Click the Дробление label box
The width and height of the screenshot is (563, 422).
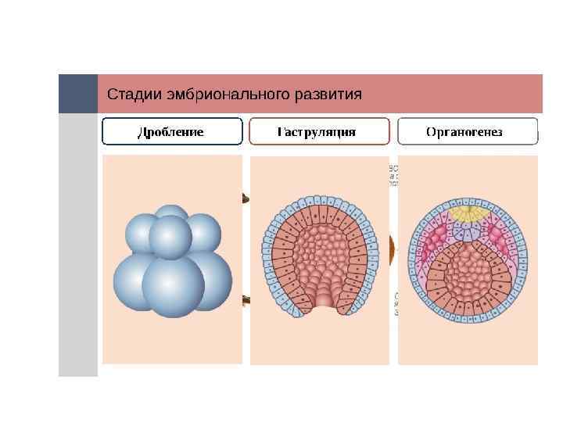(x=172, y=131)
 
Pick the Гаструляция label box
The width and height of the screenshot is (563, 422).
(x=318, y=131)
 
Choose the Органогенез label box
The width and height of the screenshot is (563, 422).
(x=468, y=131)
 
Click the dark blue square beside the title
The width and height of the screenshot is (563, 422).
(x=78, y=94)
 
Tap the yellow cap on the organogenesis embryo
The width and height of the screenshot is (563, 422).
(x=467, y=213)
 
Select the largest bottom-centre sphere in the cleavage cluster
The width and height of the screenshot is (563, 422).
(x=173, y=287)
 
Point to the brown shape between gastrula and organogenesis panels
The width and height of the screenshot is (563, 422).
(x=392, y=251)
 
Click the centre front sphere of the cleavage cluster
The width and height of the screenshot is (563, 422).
(x=170, y=237)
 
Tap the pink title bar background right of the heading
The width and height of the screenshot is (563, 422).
(x=454, y=94)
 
